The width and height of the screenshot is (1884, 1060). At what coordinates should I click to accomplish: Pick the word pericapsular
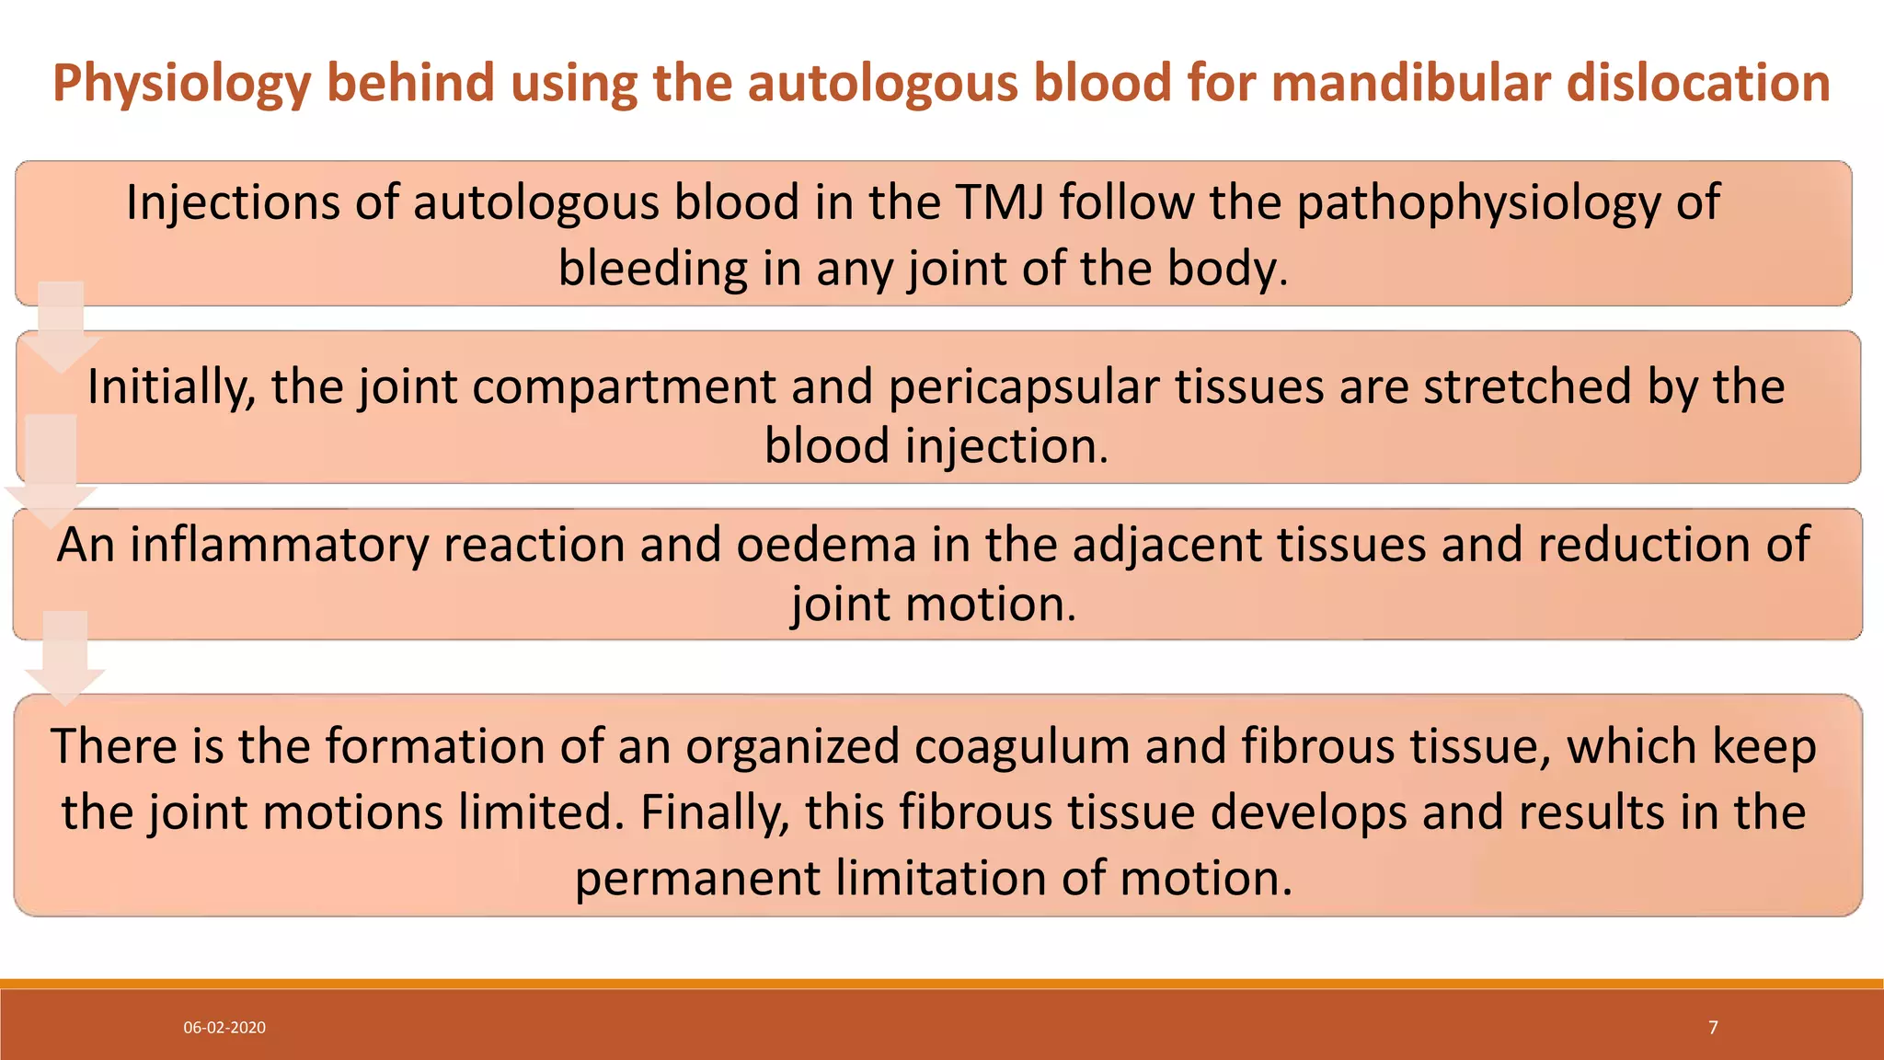(x=1023, y=387)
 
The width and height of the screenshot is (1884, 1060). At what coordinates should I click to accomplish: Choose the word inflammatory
(x=279, y=546)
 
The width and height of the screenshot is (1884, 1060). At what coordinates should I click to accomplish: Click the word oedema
(x=826, y=546)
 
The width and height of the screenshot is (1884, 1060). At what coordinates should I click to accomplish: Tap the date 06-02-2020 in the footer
(x=224, y=1028)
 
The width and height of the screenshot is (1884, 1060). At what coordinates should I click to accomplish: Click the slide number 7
(x=1713, y=1028)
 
